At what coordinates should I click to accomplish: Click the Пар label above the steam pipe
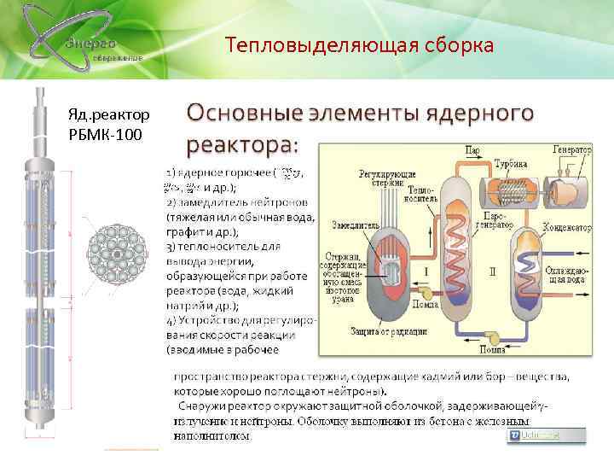(471, 149)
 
